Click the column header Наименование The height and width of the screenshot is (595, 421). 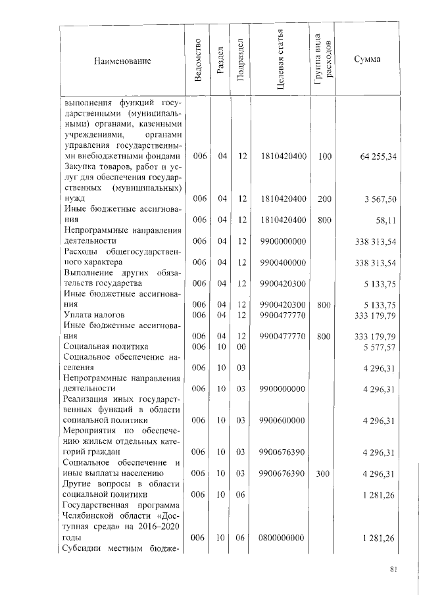click(x=122, y=61)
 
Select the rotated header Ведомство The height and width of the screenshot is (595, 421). click(x=199, y=62)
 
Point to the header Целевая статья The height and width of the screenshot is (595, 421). click(x=282, y=62)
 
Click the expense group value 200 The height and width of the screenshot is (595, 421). click(x=324, y=199)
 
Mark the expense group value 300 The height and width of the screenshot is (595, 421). click(x=324, y=473)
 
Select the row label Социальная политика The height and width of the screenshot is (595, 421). click(x=105, y=346)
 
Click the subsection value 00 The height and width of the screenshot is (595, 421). click(x=241, y=346)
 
